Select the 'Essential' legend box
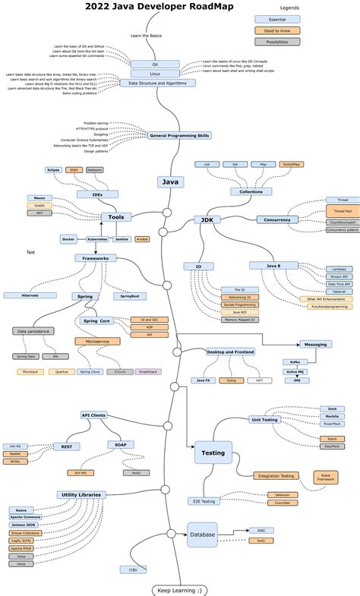tap(276, 18)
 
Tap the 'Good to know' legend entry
tap(276, 30)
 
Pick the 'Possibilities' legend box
tap(276, 42)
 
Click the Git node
tap(155, 65)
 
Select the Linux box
tap(155, 74)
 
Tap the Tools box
tap(115, 217)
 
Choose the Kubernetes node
tap(97, 238)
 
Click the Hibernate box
tap(30, 295)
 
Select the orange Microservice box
tap(97, 341)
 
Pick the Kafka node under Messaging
tap(294, 362)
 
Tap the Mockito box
tap(332, 417)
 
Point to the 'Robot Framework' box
tap(326, 478)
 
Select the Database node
tap(202, 535)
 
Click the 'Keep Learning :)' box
tap(178, 589)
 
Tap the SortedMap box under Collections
tap(290, 164)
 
